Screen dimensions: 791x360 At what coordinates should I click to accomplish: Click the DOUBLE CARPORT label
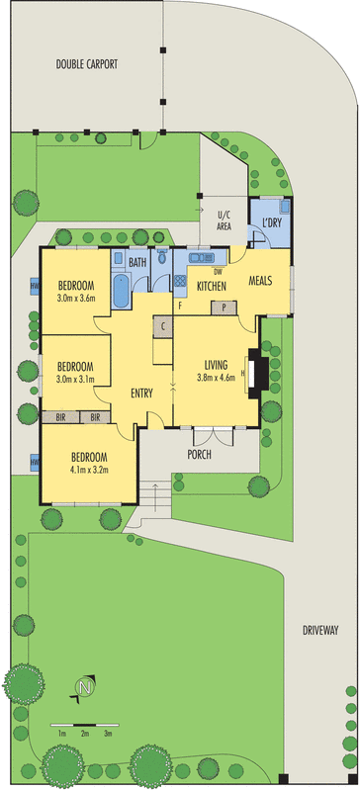point(86,64)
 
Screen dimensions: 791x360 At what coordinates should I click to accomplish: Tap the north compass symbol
point(85,684)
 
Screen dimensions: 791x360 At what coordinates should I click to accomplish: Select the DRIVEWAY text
point(321,629)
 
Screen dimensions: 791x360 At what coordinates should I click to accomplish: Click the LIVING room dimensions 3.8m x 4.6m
point(215,376)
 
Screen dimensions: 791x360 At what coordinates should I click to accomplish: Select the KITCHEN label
point(212,286)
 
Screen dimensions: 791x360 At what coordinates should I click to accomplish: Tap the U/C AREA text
point(224,220)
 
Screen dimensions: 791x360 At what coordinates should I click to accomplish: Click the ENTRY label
point(141,394)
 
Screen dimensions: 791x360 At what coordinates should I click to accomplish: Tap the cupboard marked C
point(161,326)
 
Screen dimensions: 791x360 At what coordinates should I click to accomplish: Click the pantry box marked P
point(225,307)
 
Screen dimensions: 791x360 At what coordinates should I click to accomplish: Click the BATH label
point(136,262)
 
